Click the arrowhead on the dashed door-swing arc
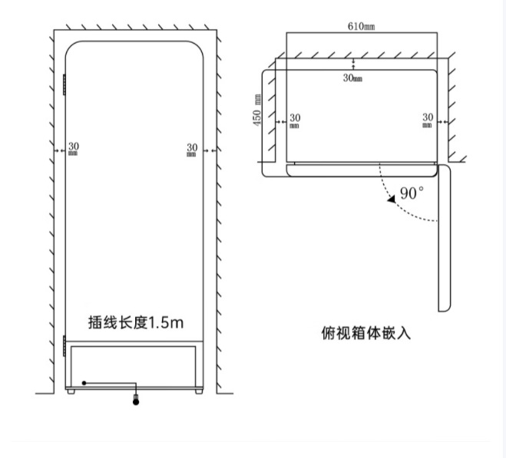click(392, 197)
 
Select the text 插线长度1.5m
click(135, 322)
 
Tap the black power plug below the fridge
click(137, 400)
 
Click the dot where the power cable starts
click(84, 382)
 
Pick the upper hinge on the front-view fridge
click(64, 84)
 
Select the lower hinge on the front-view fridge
click(64, 345)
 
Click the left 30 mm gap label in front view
click(74, 149)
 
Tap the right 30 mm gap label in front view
click(192, 149)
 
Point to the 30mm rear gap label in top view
click(353, 78)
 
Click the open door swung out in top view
click(444, 238)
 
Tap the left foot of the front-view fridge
click(71, 391)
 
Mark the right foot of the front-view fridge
click(200, 391)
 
